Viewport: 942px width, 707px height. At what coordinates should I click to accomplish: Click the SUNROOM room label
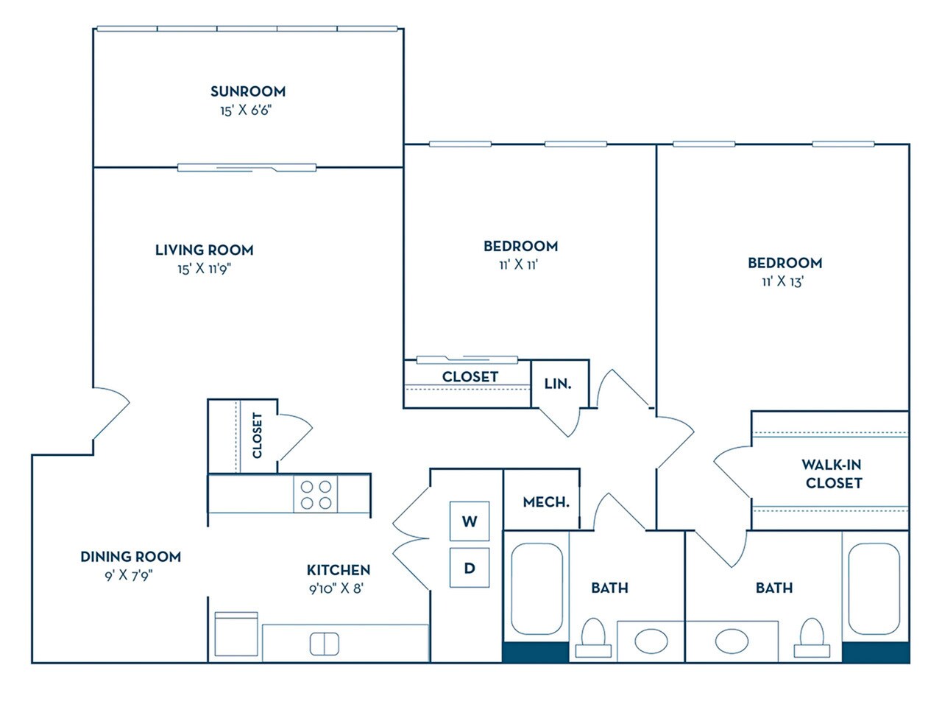pyautogui.click(x=247, y=91)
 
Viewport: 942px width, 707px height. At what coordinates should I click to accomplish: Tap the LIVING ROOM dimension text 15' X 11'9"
pyautogui.click(x=204, y=269)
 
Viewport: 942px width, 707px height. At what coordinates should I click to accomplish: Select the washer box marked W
pyautogui.click(x=470, y=521)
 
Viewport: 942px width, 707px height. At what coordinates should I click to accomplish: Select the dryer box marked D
pyautogui.click(x=470, y=568)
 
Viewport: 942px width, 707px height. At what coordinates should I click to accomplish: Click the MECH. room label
pyautogui.click(x=546, y=502)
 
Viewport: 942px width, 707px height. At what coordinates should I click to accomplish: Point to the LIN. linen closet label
pyautogui.click(x=557, y=384)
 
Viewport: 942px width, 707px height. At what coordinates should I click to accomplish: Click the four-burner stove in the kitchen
pyautogui.click(x=316, y=494)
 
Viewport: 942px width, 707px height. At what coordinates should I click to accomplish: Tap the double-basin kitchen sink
pyautogui.click(x=324, y=643)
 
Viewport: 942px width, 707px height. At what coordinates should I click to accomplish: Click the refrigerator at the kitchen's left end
pyautogui.click(x=236, y=635)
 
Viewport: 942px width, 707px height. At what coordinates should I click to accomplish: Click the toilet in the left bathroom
pyautogui.click(x=593, y=637)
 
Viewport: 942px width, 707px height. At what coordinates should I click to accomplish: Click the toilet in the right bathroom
pyautogui.click(x=811, y=637)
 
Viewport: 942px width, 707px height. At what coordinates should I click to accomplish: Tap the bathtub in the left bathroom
pyautogui.click(x=536, y=588)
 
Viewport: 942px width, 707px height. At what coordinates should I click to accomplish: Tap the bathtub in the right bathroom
pyautogui.click(x=874, y=588)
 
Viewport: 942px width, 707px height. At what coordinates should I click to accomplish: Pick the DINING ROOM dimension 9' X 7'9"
pyautogui.click(x=130, y=575)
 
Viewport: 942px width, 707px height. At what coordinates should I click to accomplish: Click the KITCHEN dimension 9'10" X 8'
pyautogui.click(x=338, y=588)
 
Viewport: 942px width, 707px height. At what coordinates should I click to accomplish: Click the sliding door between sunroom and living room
pyautogui.click(x=247, y=168)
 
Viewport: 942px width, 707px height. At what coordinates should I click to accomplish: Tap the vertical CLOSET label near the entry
pyautogui.click(x=257, y=435)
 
